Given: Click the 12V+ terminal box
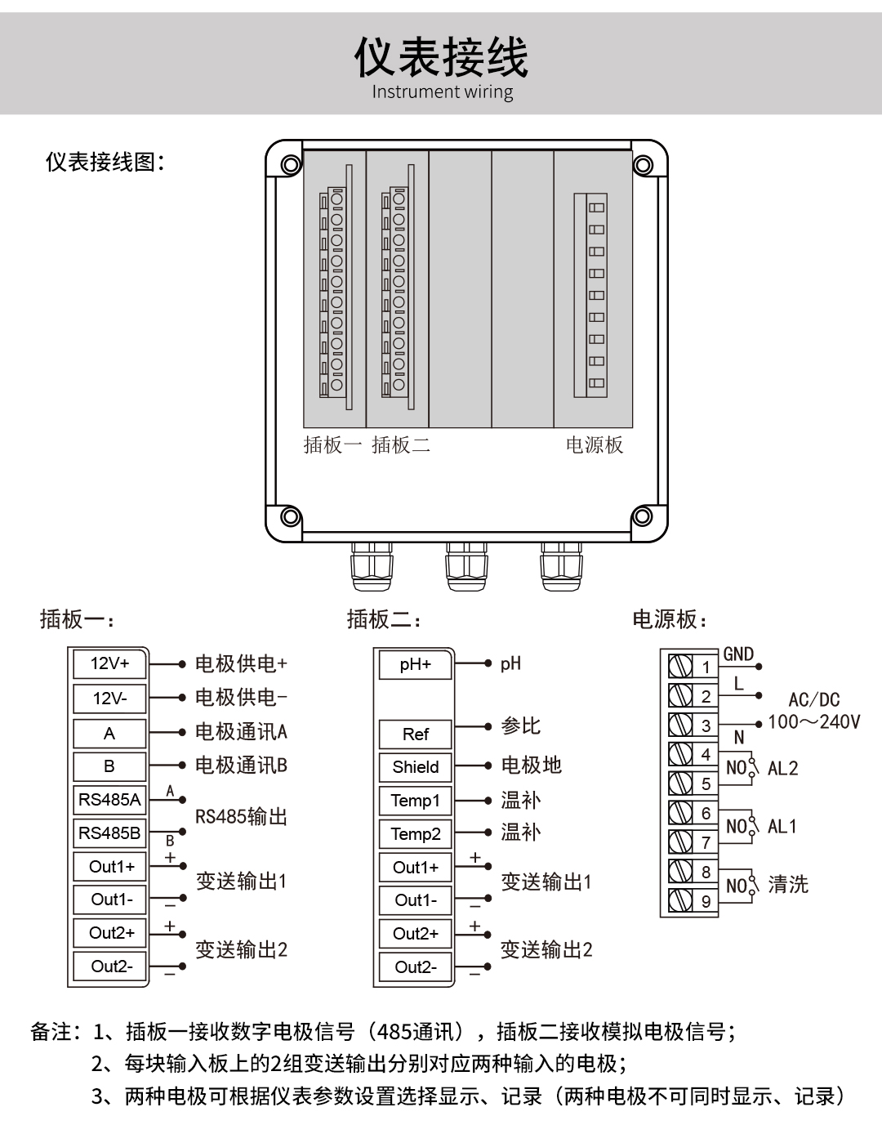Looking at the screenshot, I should pos(109,664).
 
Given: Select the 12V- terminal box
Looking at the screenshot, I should pos(109,699).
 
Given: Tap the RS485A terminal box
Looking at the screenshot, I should pos(109,800).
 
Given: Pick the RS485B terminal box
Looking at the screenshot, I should pos(109,833).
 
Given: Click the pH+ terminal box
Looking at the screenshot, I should pos(416,665).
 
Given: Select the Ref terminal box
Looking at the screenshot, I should pos(416,734).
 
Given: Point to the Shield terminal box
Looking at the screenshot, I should pos(416,767).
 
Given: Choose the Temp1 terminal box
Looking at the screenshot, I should pos(416,801).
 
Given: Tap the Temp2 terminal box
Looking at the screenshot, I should pos(416,834).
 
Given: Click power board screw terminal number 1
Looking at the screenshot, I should pos(681,666).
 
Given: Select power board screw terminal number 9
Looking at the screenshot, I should pos(681,900).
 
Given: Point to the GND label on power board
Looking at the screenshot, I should pos(738,654).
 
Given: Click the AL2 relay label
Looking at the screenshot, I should pos(782,769).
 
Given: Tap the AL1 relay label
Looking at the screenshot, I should pos(782,827).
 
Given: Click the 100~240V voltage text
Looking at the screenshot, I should pos(813,722).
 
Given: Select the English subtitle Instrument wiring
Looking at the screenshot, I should pos(443,92).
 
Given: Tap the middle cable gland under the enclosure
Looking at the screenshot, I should pos(466,565).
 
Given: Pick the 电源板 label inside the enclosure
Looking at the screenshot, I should pos(595,445).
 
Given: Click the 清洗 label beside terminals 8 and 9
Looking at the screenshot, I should pos(788,885).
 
